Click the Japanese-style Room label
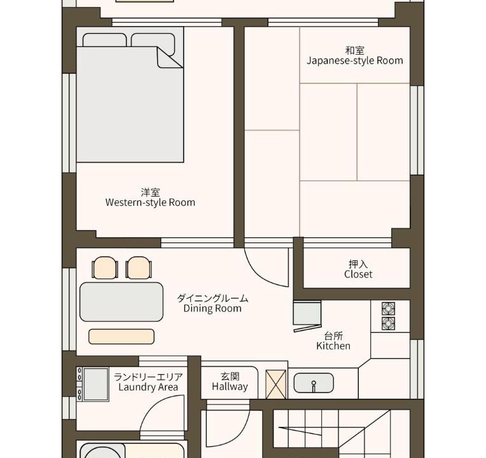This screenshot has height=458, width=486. point(355,60)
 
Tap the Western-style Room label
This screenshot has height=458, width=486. point(150,202)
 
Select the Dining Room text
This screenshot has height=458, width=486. point(212,309)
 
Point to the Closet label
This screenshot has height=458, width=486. point(358,274)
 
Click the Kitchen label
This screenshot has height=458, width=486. point(333,346)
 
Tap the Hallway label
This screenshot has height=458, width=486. point(230,387)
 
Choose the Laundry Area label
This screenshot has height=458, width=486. point(148,387)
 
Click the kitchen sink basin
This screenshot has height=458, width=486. point(314,383)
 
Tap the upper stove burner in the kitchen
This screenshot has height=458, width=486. point(388,309)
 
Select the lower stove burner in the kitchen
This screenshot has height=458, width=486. point(388,324)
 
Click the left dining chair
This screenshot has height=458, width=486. point(105,268)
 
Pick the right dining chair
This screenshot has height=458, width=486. point(139,268)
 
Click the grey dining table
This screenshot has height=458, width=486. point(121,302)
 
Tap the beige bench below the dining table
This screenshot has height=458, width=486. point(121,337)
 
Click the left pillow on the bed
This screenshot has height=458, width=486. point(105,40)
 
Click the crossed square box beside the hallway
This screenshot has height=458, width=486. point(276,384)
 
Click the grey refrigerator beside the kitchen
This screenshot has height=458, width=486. point(307,313)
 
